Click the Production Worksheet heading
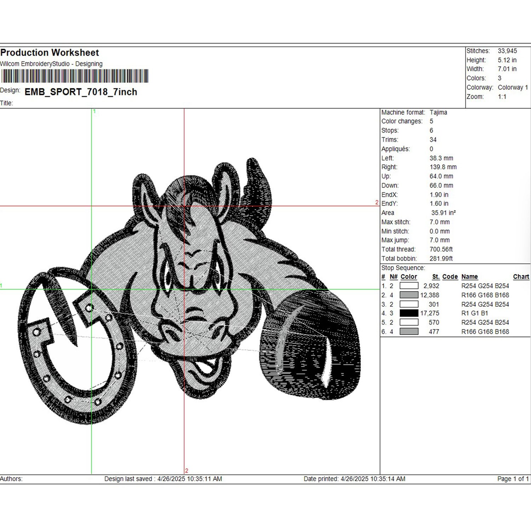point(50,52)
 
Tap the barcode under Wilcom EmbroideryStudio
point(75,76)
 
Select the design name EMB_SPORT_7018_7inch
point(81,92)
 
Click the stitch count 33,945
point(507,51)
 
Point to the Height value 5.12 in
point(507,60)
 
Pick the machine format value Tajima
point(438,112)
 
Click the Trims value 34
point(433,140)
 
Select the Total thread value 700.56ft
point(441,249)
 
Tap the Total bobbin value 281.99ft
point(441,258)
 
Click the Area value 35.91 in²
point(443,213)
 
